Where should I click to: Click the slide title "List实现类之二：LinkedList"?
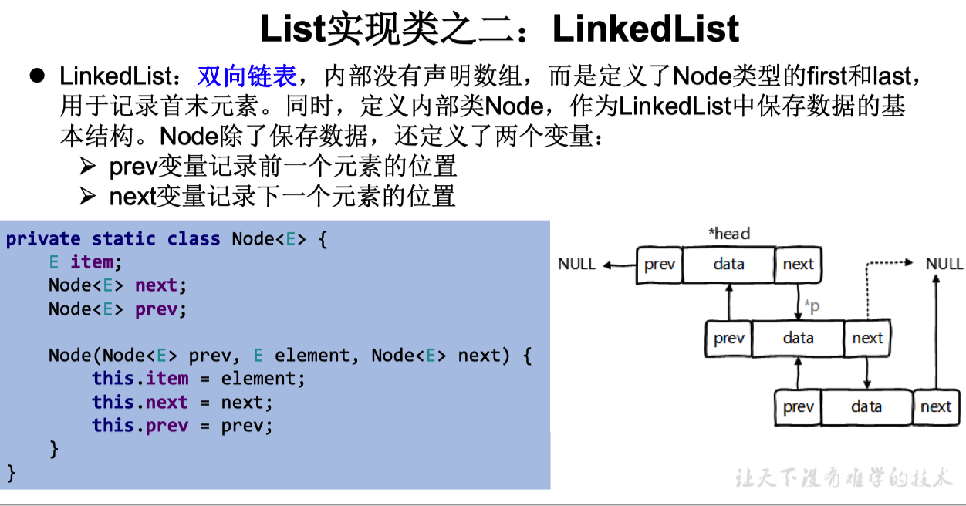[499, 29]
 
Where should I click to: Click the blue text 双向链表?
[247, 76]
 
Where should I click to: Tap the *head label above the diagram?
[728, 233]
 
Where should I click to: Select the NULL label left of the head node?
[576, 265]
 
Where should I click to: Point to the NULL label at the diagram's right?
[944, 264]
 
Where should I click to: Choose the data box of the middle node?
[798, 338]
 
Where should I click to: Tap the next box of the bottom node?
[936, 406]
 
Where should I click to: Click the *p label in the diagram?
[812, 306]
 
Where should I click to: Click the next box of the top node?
[798, 265]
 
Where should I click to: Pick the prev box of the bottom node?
[798, 406]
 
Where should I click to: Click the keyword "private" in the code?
[43, 239]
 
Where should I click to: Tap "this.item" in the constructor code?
[140, 379]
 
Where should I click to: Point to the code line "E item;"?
[86, 262]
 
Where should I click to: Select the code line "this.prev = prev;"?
[182, 425]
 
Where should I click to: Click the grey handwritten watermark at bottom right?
[843, 478]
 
